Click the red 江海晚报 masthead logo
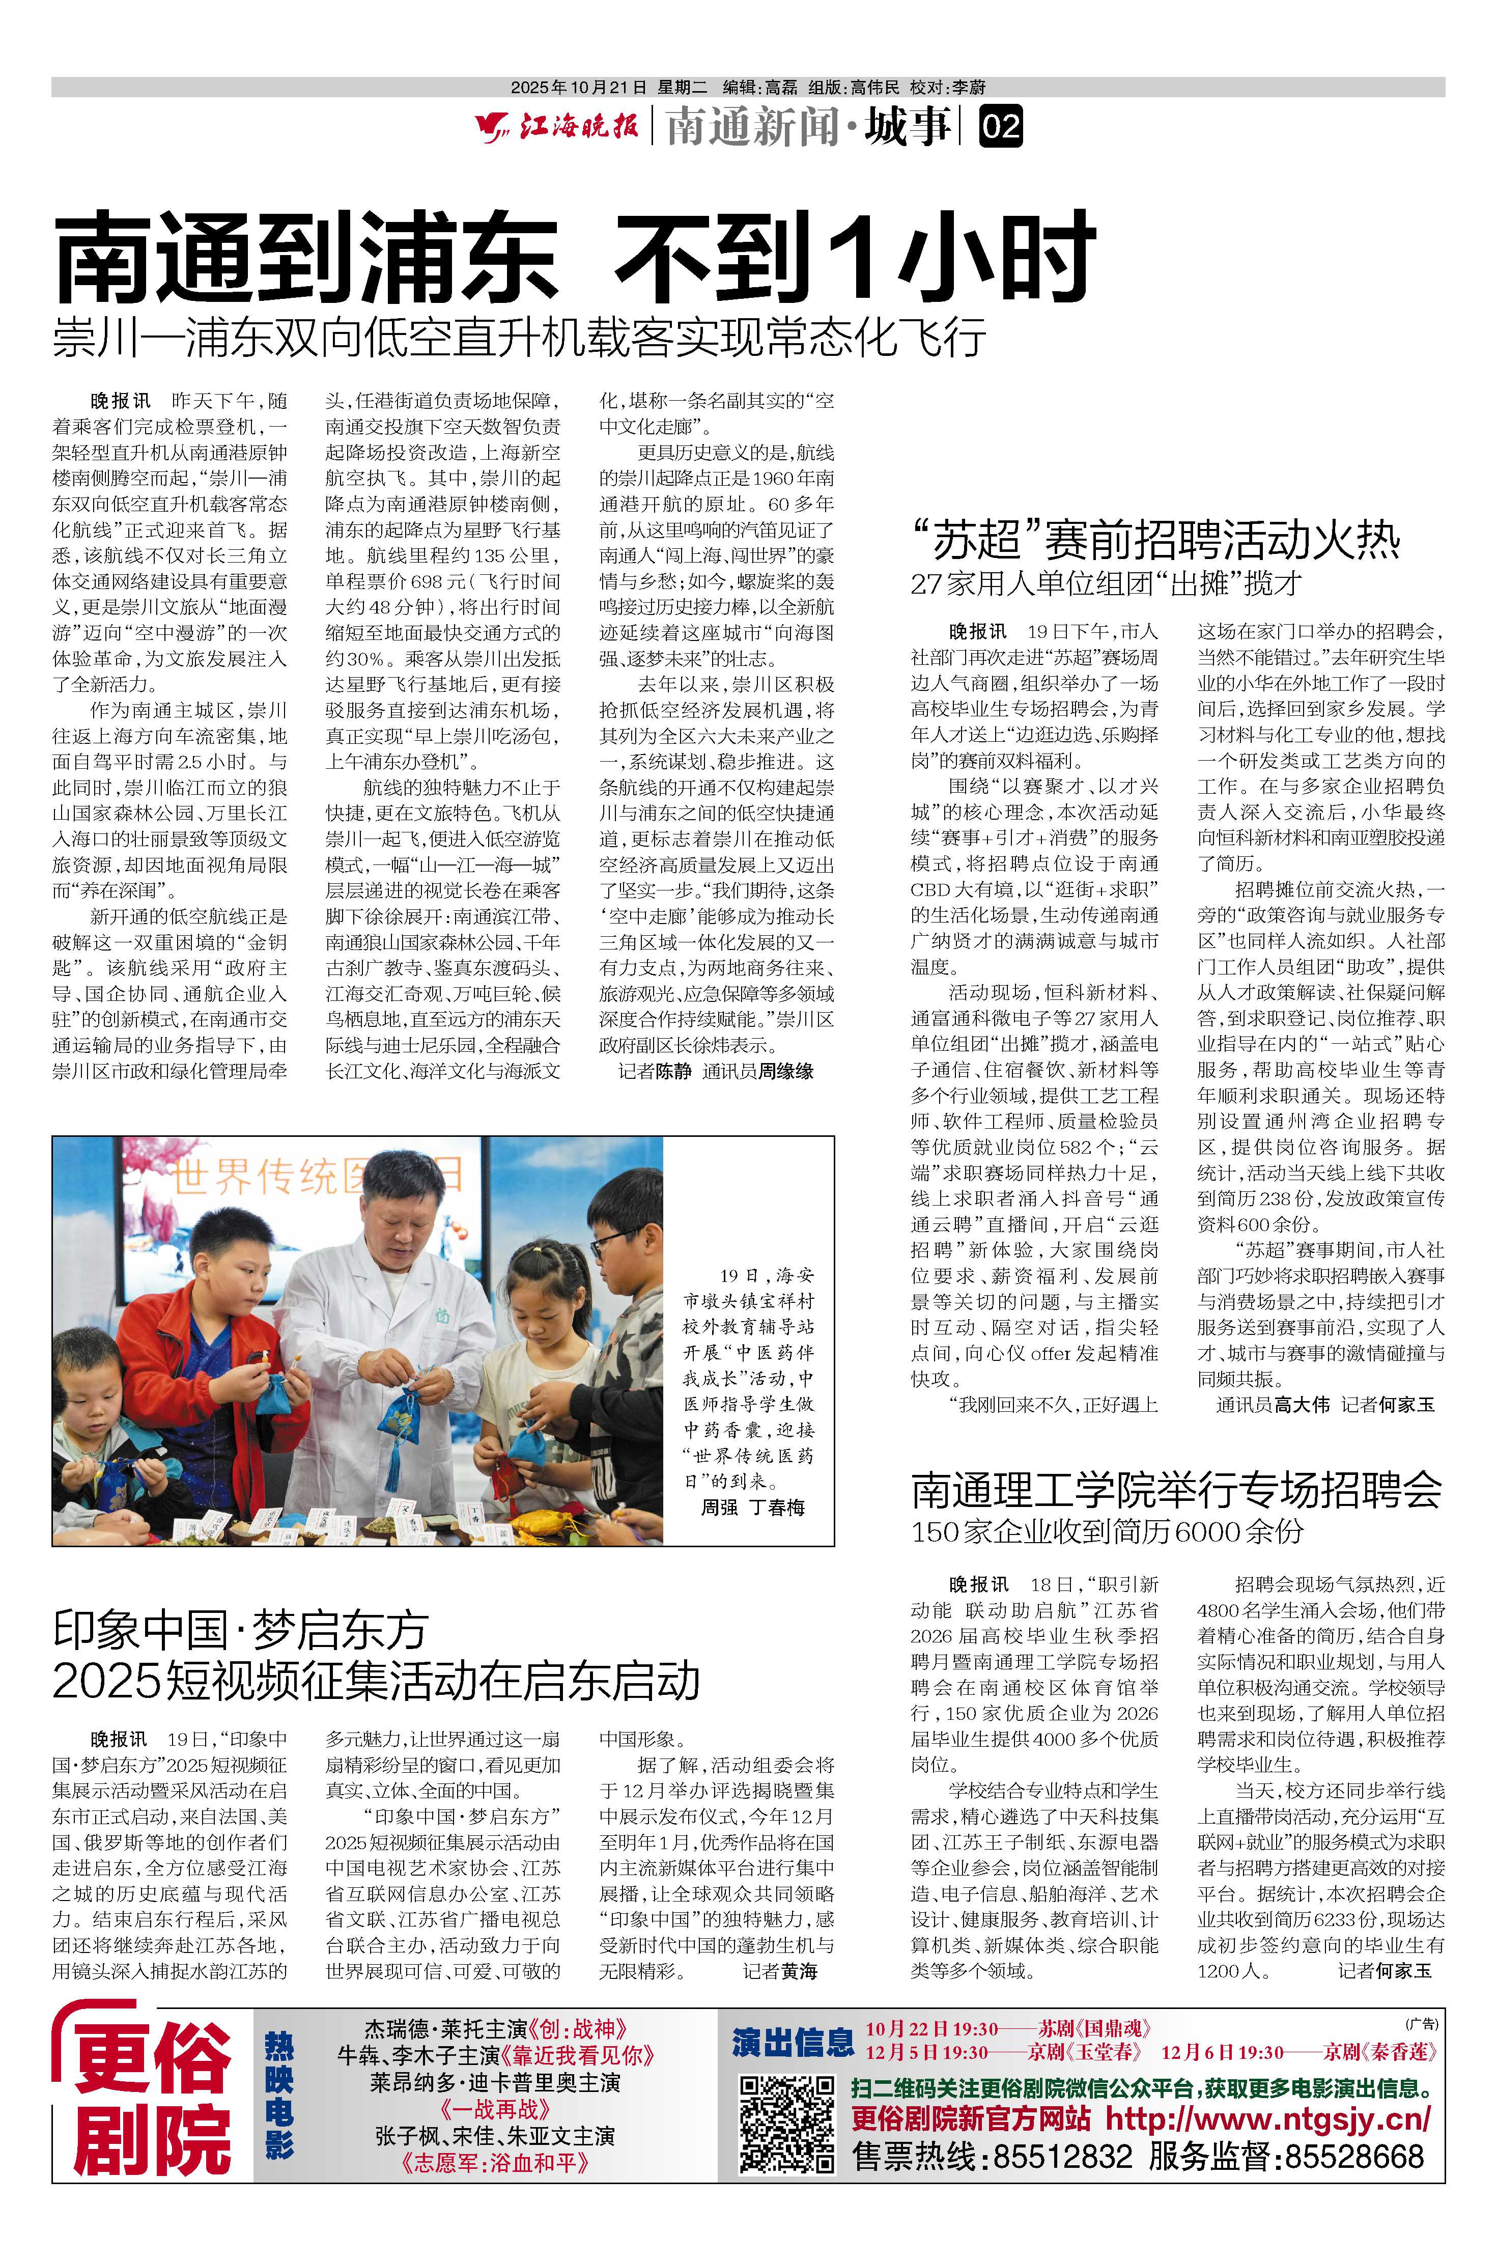pyautogui.click(x=558, y=126)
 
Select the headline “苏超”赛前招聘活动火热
pyautogui.click(x=1155, y=540)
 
